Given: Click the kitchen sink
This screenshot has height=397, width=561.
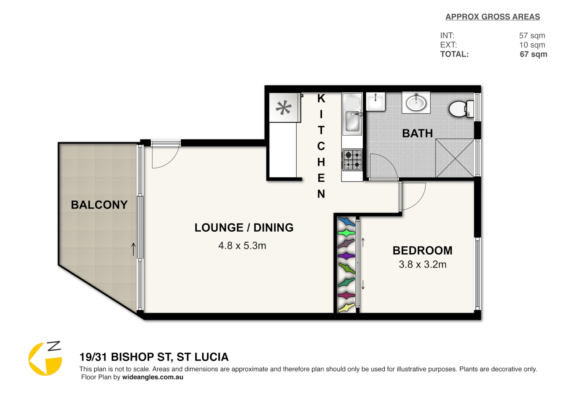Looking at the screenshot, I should pos(352,121).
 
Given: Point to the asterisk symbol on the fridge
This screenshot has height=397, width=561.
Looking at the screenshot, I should pos(283,108).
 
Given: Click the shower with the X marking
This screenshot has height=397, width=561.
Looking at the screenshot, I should pos(455,158).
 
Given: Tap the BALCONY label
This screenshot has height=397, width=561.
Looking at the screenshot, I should pos(99,205).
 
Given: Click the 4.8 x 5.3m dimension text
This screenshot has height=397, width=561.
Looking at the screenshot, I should pos(242,246).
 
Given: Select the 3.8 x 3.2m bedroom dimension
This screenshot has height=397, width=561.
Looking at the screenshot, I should pos(423,265).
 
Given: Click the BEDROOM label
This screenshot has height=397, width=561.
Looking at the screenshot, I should pos(423,251).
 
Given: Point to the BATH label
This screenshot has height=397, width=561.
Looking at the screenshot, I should pos(417,133).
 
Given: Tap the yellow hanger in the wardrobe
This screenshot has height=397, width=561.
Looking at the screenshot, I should pos(346,308).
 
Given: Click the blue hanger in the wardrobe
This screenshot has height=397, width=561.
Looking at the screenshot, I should pos(346,222).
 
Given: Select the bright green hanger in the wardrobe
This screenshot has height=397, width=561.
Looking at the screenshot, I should pos(346,233).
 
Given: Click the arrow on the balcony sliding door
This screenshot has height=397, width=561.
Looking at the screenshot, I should pos(134,249).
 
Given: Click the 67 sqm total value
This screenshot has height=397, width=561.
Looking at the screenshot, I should pos(533,54).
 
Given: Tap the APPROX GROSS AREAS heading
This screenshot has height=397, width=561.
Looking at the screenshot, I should pos(492,17).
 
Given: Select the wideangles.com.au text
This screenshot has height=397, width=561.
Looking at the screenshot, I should pos(152,377).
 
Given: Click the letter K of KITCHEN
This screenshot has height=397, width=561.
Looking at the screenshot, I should pos(321,99).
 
